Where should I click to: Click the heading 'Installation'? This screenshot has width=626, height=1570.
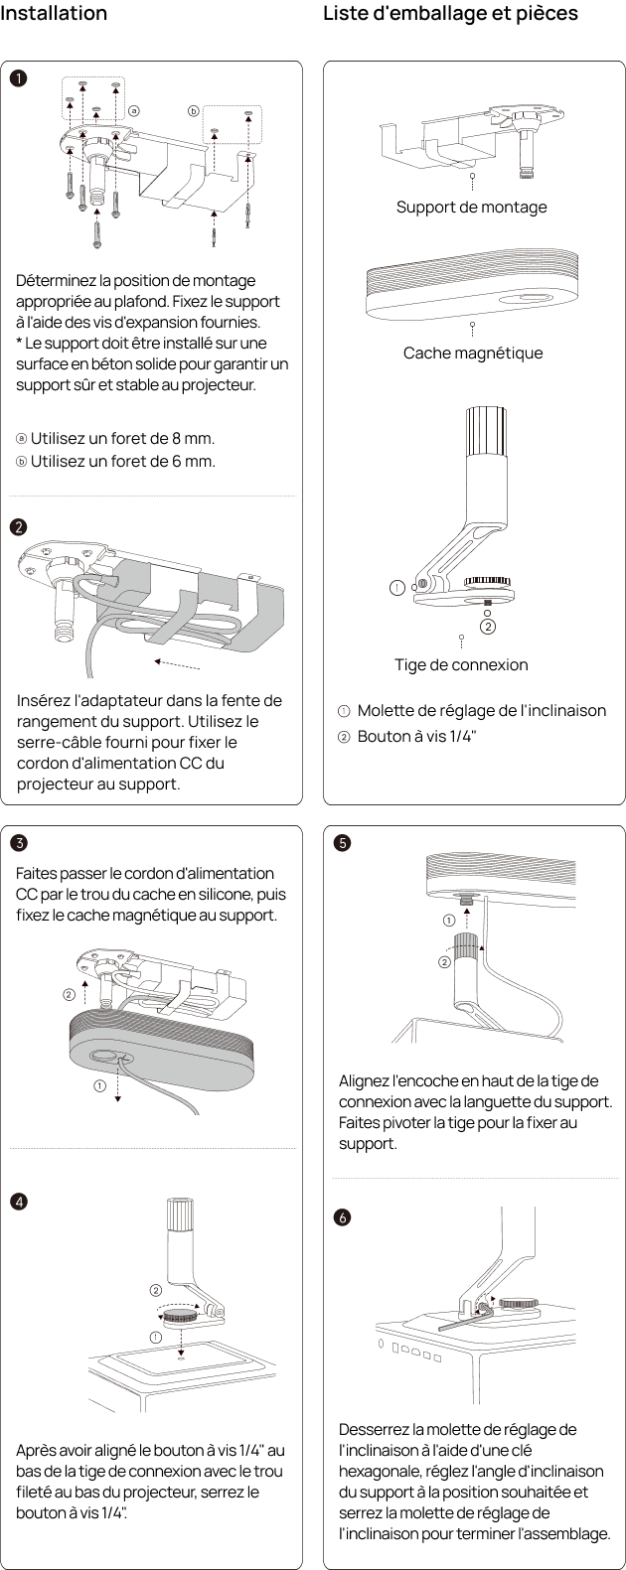pyautogui.click(x=54, y=13)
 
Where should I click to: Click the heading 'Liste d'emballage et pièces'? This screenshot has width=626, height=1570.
pyautogui.click(x=450, y=13)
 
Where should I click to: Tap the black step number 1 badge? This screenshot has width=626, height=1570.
pyautogui.click(x=18, y=77)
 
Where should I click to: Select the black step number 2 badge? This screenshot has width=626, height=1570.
pyautogui.click(x=18, y=527)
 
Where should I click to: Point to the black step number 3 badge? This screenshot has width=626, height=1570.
pyautogui.click(x=19, y=842)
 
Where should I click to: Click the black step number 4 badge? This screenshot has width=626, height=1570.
pyautogui.click(x=19, y=1202)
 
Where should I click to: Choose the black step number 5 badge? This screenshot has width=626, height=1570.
pyautogui.click(x=342, y=842)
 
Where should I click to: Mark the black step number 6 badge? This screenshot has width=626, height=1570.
pyautogui.click(x=342, y=1217)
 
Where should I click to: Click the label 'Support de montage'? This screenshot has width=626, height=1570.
pyautogui.click(x=471, y=207)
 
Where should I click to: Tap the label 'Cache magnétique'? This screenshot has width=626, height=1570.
pyautogui.click(x=472, y=353)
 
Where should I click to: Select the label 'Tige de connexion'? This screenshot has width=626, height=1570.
pyautogui.click(x=461, y=664)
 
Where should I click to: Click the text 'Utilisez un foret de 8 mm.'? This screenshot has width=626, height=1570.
pyautogui.click(x=122, y=438)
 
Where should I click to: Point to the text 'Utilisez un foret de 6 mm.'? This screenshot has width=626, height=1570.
pyautogui.click(x=122, y=461)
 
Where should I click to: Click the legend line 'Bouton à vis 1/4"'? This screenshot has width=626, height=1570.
pyautogui.click(x=416, y=736)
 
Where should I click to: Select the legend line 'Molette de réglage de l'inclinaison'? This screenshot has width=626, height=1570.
pyautogui.click(x=482, y=711)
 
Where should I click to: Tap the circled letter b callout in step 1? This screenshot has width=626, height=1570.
pyautogui.click(x=194, y=111)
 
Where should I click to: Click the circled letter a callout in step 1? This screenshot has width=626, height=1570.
pyautogui.click(x=134, y=111)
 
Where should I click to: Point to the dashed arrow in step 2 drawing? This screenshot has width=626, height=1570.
pyautogui.click(x=177, y=664)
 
